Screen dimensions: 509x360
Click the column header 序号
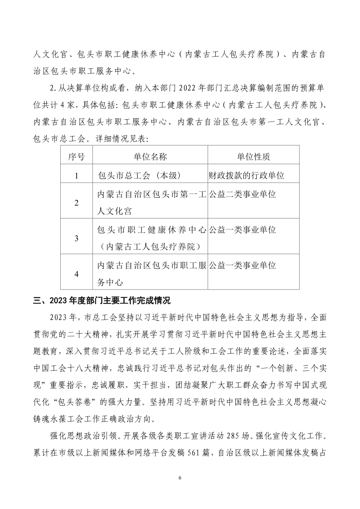pos(76,157)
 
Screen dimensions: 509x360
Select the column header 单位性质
pos(253,157)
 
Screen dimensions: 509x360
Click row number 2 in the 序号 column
pos(76,202)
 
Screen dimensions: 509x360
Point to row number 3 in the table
pos(76,238)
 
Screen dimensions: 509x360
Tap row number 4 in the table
pos(76,274)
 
